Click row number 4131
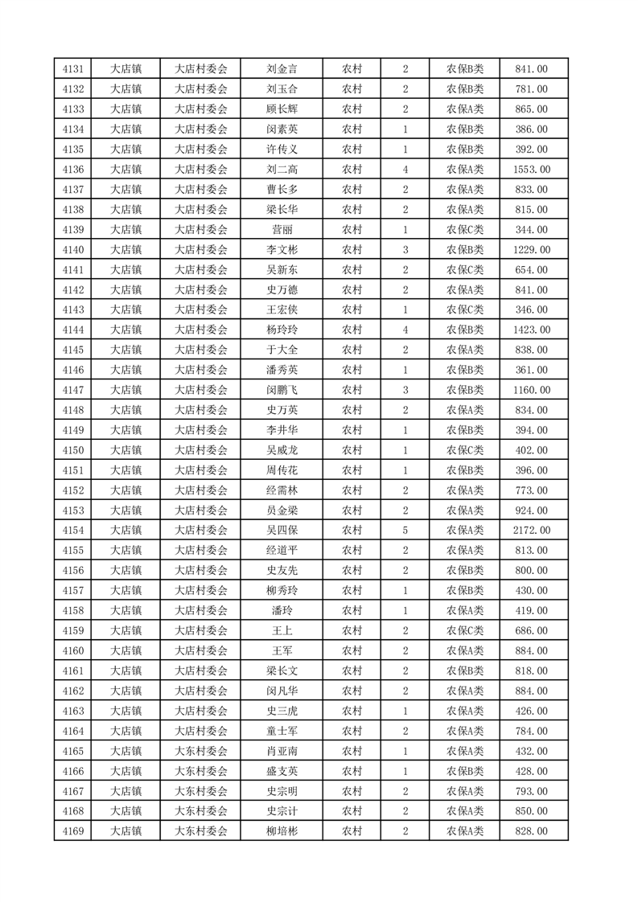click(x=73, y=69)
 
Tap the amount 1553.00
click(x=531, y=170)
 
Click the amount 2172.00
click(x=531, y=531)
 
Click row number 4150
click(x=73, y=450)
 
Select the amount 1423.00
click(x=531, y=330)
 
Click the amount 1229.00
click(x=531, y=250)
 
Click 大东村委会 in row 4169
click(x=201, y=831)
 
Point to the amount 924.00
click(x=531, y=510)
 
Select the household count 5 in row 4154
click(x=405, y=531)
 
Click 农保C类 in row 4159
click(x=465, y=631)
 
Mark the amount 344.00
click(x=531, y=230)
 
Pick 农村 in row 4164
click(x=352, y=731)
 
